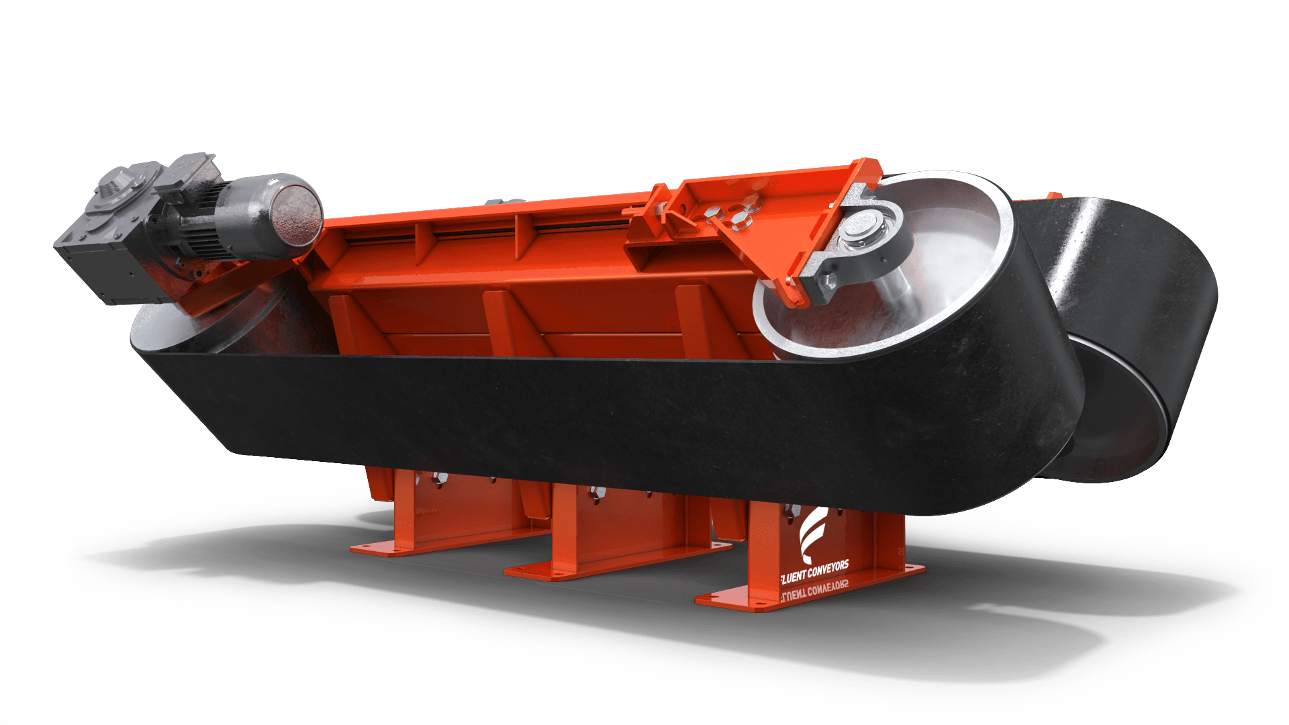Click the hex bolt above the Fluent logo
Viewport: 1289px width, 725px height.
[791, 510]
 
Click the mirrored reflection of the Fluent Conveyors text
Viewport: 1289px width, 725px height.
[814, 591]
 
